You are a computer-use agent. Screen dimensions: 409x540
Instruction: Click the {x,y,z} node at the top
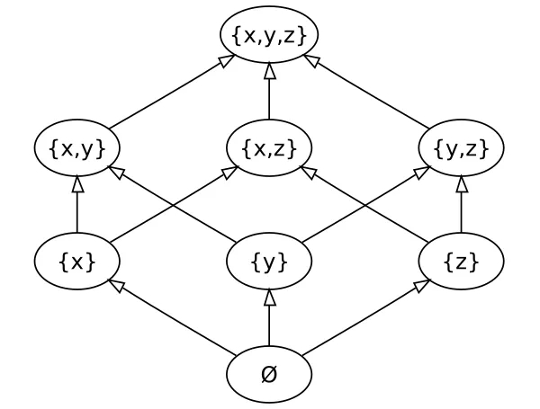269,35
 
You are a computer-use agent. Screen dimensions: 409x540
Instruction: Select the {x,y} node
77,148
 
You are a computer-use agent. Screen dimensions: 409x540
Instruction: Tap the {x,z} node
269,148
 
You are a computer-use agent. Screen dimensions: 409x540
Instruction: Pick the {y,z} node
461,148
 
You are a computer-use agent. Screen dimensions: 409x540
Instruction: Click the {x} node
77,262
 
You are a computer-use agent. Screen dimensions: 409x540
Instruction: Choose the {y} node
269,262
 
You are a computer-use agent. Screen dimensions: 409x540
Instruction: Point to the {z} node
461,262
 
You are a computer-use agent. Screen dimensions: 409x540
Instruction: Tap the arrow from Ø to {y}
269,322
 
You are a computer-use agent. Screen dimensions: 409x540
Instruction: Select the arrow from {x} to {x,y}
77,207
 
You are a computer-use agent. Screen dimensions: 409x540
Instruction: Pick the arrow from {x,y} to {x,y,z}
171,92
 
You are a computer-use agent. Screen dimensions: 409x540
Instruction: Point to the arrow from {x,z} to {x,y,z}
269,93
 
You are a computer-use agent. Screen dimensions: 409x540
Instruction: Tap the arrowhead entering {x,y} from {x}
77,183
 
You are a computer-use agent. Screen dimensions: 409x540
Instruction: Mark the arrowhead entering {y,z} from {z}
461,183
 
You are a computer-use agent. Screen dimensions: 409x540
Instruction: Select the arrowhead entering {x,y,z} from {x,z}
269,70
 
